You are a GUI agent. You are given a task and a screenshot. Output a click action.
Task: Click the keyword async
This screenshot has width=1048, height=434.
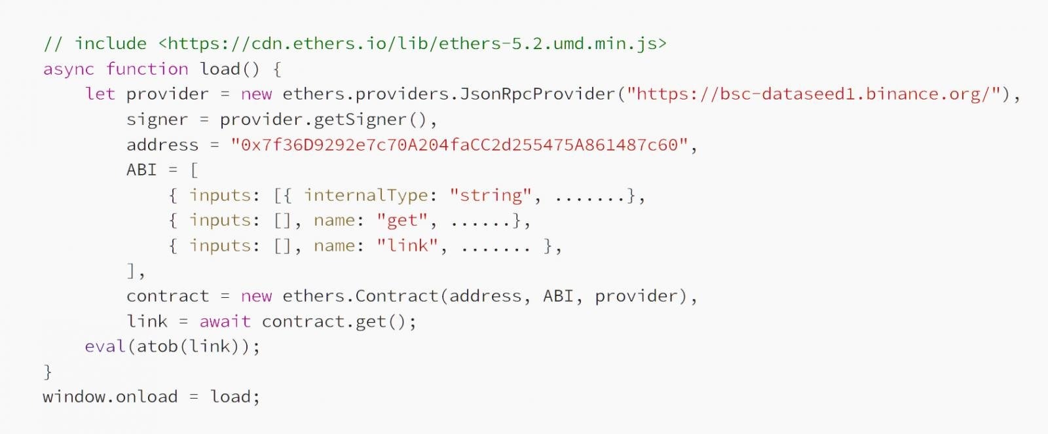point(68,69)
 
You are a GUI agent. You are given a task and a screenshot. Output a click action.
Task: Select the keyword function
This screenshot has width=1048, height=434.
point(147,69)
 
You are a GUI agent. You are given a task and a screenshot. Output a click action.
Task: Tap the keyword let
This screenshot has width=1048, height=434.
point(100,94)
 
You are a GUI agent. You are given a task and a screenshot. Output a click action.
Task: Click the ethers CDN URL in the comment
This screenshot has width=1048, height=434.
point(412,44)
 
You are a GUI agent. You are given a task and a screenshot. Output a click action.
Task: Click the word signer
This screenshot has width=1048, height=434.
point(157,120)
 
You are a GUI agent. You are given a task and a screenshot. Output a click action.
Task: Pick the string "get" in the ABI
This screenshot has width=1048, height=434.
point(402,221)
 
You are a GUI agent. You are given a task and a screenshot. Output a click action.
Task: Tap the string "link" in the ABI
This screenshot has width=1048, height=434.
point(407,246)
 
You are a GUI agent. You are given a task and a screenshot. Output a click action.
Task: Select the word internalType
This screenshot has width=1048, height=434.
point(365,195)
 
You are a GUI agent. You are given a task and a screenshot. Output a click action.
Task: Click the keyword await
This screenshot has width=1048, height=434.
point(225,321)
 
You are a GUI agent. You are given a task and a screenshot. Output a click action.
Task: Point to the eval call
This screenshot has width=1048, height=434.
point(105,346)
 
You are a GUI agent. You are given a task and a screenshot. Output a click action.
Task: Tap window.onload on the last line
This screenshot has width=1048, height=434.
point(110,397)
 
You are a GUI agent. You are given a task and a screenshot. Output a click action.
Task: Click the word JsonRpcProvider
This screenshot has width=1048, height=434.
point(537,94)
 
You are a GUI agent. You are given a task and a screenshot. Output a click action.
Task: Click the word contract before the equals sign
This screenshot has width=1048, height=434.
point(168,296)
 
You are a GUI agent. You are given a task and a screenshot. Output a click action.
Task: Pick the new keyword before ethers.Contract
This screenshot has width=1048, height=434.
point(256,296)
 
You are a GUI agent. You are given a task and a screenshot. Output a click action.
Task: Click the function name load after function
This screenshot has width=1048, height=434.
point(220,69)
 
